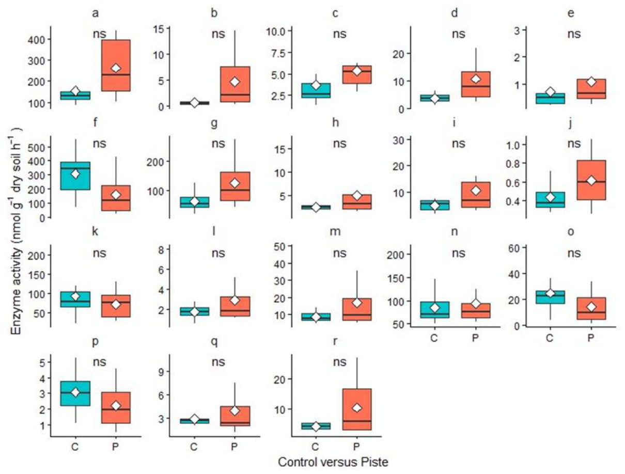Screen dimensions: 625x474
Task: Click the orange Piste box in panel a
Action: click(x=116, y=66)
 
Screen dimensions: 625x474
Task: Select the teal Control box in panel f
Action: click(x=75, y=176)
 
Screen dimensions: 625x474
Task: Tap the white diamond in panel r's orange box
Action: click(x=357, y=408)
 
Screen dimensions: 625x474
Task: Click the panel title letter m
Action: click(x=335, y=232)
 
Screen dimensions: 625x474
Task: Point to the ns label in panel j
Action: click(x=574, y=144)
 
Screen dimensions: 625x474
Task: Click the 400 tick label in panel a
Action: click(x=36, y=39)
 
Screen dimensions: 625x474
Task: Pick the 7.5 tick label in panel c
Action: click(x=276, y=53)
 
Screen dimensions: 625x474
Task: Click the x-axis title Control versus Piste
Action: click(x=333, y=462)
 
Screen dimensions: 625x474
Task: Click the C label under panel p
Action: click(x=75, y=447)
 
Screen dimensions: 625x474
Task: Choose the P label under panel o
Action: click(x=591, y=338)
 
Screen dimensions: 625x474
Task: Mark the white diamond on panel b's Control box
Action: click(x=195, y=103)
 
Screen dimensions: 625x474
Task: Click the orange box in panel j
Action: click(x=591, y=180)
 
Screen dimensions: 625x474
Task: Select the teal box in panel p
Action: click(x=75, y=393)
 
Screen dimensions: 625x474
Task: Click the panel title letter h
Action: click(x=335, y=122)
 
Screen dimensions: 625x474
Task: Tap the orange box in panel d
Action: click(x=476, y=84)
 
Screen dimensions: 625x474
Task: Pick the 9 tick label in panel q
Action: click(x=164, y=372)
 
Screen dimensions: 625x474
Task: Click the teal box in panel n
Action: click(x=434, y=310)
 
